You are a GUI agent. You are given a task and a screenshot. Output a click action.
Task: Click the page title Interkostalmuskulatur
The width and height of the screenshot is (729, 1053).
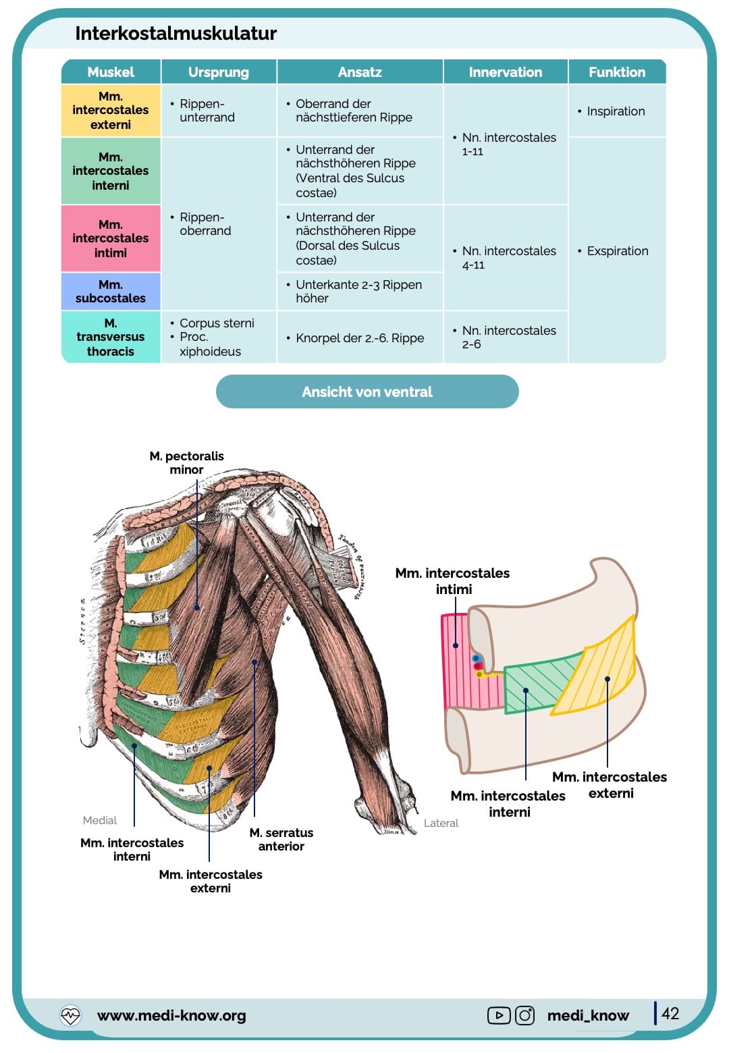point(175,34)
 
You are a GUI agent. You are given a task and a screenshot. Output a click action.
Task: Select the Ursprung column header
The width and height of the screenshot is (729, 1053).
point(219,72)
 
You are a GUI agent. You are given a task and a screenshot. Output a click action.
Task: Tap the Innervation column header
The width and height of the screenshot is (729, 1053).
point(505,72)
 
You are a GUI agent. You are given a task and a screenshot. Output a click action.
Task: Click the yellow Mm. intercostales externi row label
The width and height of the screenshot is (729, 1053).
point(111,111)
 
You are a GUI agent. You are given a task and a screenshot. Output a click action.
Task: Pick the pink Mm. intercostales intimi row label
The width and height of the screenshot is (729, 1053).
point(111,238)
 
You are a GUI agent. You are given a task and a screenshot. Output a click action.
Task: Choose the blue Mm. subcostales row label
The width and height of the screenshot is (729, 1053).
point(111,292)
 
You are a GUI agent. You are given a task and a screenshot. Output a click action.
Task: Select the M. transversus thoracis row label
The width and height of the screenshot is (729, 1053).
point(111,337)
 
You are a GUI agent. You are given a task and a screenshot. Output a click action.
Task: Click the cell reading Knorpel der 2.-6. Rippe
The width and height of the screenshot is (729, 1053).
point(360,337)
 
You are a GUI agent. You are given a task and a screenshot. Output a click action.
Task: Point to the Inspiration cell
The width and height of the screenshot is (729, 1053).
point(616,111)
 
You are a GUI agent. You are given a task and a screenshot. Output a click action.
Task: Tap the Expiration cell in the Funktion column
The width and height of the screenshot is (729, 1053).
point(617,251)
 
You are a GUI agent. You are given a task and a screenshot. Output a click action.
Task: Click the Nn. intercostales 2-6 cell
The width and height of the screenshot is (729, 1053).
point(508,337)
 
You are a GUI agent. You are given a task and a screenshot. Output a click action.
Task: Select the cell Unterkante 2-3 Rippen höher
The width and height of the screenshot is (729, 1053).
point(358,292)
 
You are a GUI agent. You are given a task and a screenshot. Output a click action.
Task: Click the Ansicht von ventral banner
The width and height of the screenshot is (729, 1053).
point(367,391)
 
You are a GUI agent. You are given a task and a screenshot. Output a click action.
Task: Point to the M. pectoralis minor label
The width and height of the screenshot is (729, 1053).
point(186,462)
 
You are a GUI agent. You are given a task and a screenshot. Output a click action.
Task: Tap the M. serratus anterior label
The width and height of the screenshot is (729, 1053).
point(281,839)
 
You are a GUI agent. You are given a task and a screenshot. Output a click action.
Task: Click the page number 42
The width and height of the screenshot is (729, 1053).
point(670,1013)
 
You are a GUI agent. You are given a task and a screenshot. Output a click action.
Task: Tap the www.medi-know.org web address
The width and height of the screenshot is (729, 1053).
point(171,1015)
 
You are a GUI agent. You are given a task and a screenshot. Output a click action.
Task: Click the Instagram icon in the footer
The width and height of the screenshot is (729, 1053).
point(524,1015)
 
